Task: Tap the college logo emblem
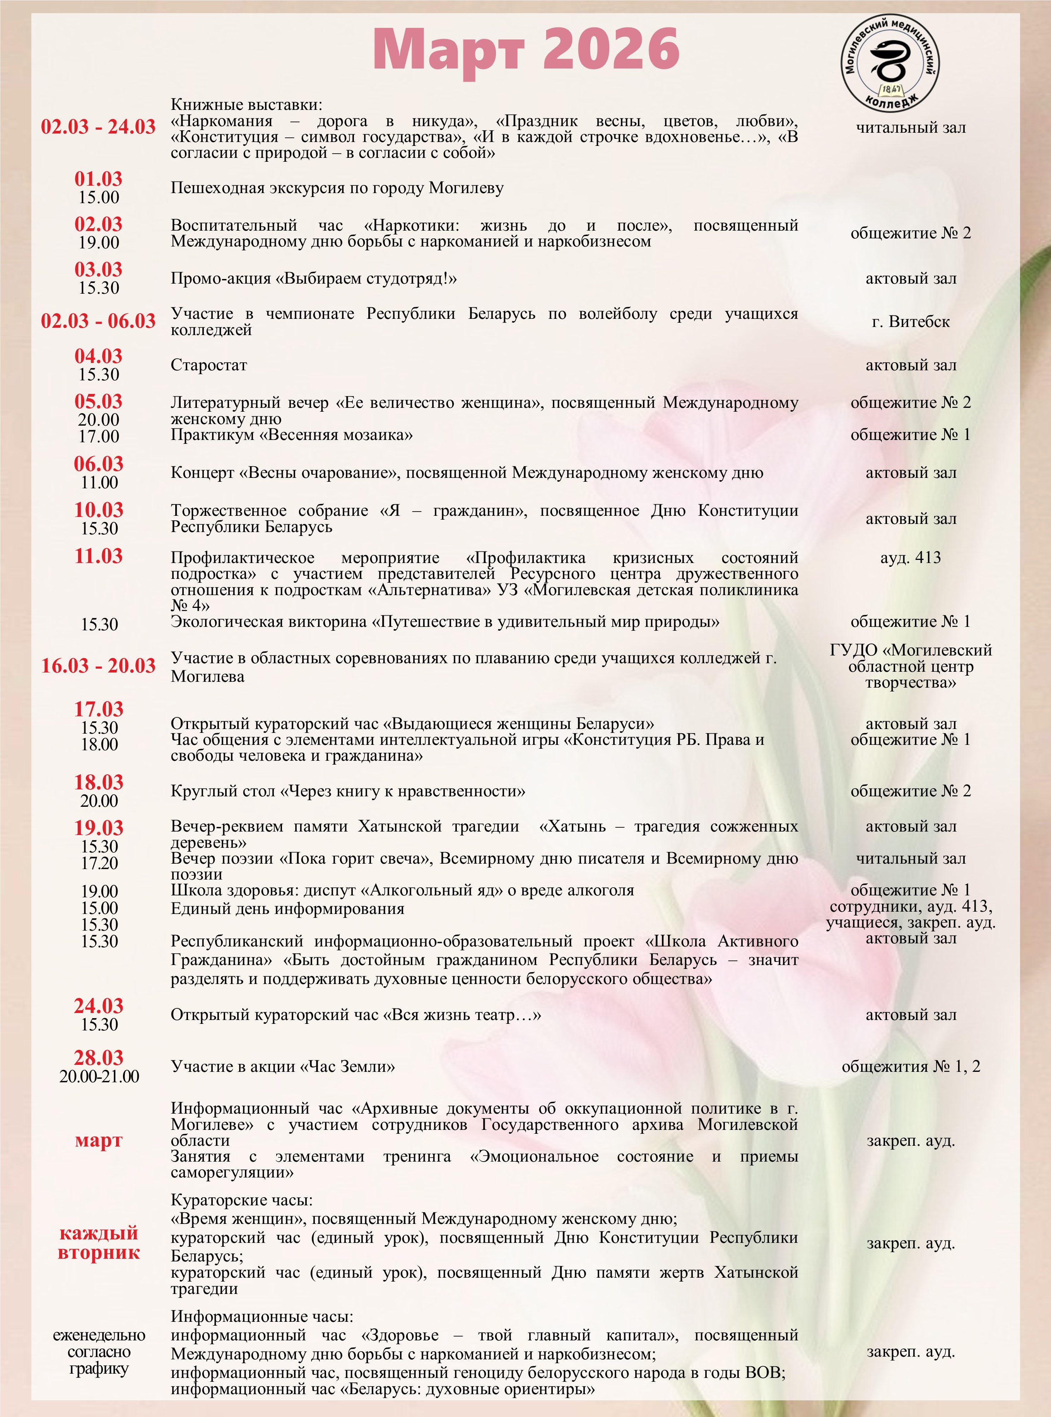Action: point(891,62)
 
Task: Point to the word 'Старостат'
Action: point(208,365)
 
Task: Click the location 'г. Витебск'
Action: point(911,322)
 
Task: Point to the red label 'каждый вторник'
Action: point(99,1242)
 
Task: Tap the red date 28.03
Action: point(99,1058)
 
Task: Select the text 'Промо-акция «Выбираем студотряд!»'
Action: point(314,279)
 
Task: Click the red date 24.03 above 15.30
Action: point(99,1006)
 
